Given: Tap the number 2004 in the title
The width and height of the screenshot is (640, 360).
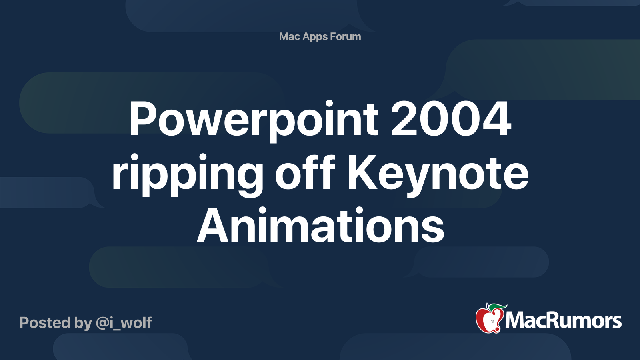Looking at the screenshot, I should [x=451, y=119].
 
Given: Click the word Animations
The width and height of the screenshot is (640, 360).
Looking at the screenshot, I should [x=320, y=226].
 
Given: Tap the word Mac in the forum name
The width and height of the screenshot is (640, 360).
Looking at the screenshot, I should [x=289, y=36].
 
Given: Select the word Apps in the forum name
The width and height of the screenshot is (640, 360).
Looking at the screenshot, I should [x=315, y=37].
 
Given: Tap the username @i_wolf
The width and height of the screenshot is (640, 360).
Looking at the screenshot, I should [x=124, y=323].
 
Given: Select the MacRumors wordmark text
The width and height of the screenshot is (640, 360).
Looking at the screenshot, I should [x=563, y=321].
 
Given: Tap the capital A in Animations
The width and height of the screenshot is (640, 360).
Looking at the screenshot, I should [x=213, y=226].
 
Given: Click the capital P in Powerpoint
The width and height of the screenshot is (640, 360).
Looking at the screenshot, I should [x=142, y=119].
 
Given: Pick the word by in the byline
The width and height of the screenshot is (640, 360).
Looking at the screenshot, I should [x=83, y=323].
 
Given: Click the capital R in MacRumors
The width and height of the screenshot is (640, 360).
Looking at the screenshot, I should [x=548, y=321].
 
